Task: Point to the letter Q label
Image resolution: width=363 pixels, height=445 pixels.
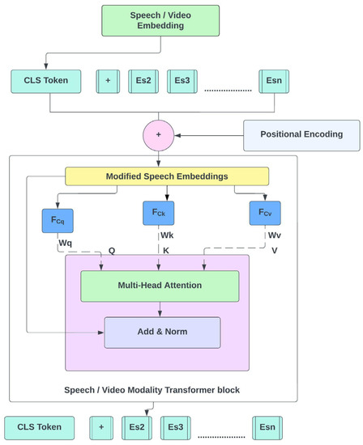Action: [x=112, y=250]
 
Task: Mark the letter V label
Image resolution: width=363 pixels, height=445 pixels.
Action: [x=274, y=250]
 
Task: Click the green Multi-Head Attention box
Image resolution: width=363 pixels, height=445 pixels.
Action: [x=160, y=286]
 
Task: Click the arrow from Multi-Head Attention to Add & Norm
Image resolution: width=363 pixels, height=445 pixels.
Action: [x=161, y=309]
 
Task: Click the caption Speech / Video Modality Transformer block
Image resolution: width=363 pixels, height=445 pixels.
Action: [x=152, y=390]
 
